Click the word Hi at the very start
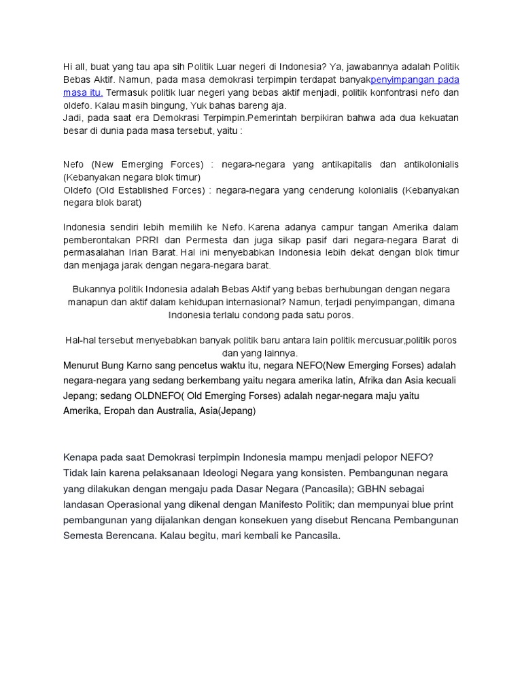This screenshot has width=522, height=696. [x=68, y=66]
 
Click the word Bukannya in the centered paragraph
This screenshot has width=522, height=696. [x=94, y=290]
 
